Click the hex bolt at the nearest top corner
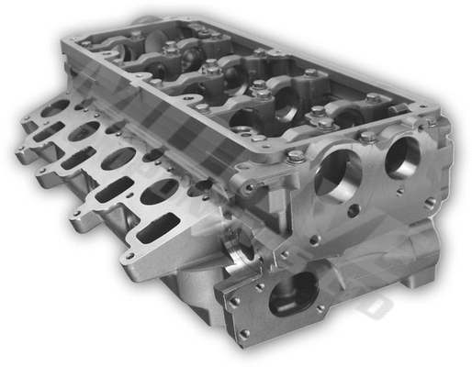[x=296, y=157]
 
